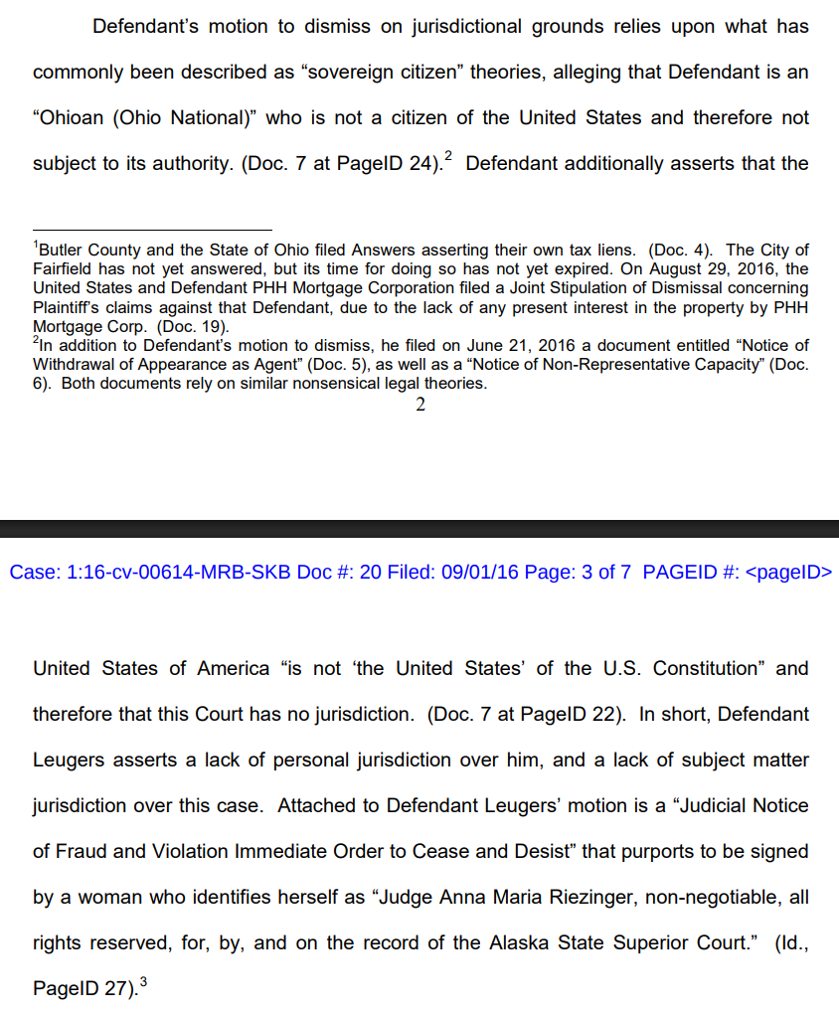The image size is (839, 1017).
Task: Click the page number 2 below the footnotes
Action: click(x=420, y=405)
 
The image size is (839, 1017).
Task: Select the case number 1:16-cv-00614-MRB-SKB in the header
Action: click(x=163, y=573)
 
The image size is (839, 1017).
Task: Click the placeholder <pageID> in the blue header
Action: click(x=787, y=573)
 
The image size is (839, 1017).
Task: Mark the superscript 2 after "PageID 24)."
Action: click(x=448, y=157)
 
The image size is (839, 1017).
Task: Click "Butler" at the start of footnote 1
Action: click(x=60, y=251)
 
